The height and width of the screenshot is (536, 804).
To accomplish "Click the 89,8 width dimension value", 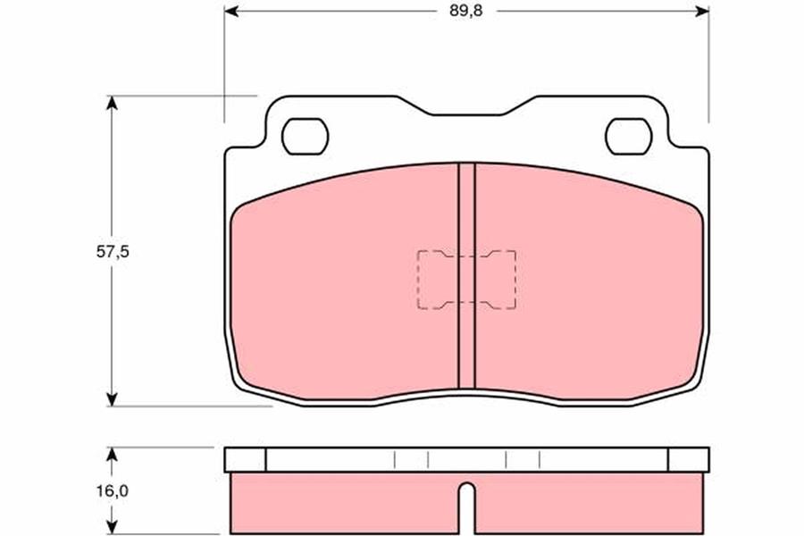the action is coord(465,11).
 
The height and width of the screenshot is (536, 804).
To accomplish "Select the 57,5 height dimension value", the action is coord(113,252).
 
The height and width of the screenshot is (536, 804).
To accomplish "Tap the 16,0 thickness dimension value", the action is coord(113,490).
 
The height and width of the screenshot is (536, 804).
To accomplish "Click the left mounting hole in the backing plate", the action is coord(306,137).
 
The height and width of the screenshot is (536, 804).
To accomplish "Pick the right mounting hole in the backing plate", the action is coord(629,137).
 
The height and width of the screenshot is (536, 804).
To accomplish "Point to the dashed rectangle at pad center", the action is coord(466,280).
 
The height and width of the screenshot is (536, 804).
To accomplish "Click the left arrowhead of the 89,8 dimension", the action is coord(231,11).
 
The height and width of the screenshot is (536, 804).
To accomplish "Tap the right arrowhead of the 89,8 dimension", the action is coord(702,11).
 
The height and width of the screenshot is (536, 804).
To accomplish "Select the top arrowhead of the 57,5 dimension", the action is coord(112,103).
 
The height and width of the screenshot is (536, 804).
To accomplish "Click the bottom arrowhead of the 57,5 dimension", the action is coord(112,399).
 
